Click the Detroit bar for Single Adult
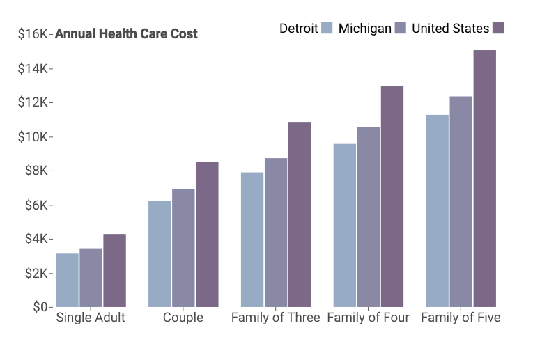[68, 280]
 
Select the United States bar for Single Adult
[115, 270]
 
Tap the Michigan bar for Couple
[183, 248]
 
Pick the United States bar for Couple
[208, 235]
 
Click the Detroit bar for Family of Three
[252, 240]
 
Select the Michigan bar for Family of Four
[369, 217]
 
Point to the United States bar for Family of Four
[392, 196]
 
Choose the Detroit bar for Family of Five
[437, 211]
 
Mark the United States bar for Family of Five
[485, 179]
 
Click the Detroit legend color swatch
[327, 28]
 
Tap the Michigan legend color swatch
[401, 28]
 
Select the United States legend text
[450, 28]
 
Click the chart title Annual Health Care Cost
[126, 33]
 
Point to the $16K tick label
[33, 34]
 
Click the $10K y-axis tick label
[33, 137]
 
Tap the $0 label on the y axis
[40, 306]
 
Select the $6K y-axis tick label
[36, 205]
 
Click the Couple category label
[183, 318]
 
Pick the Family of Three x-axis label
[276, 318]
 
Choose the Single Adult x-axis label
[91, 318]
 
